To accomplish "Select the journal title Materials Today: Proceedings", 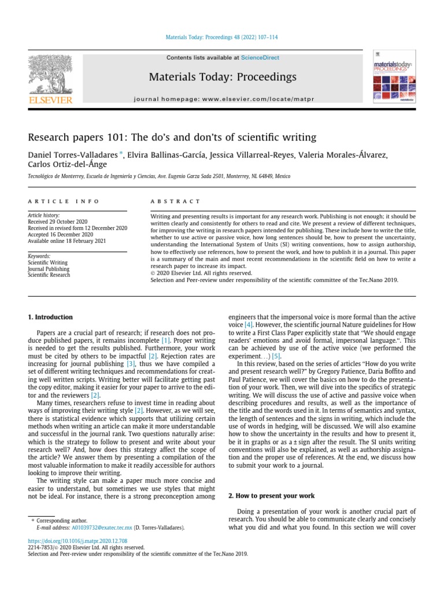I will (223, 77).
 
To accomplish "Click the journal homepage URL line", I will (223, 99).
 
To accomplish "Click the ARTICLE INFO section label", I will (64, 201).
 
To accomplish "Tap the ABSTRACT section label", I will (175, 201).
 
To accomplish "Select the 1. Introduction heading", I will (51, 317).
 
